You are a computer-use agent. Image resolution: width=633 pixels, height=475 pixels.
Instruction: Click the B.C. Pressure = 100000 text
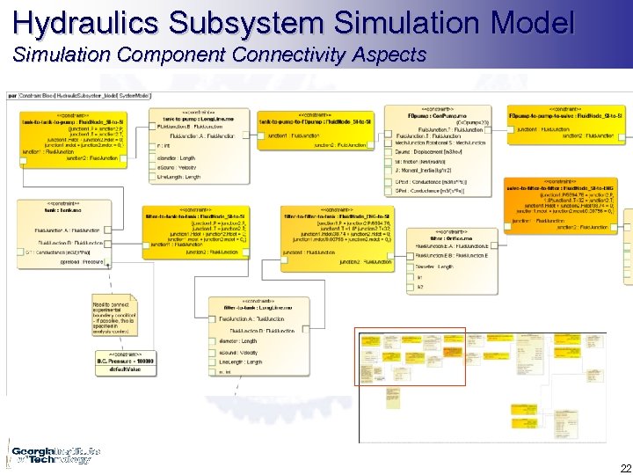[125, 361]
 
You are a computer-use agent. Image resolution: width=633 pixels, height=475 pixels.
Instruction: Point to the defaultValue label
[125, 369]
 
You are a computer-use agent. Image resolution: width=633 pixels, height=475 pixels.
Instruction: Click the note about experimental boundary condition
[114, 318]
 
